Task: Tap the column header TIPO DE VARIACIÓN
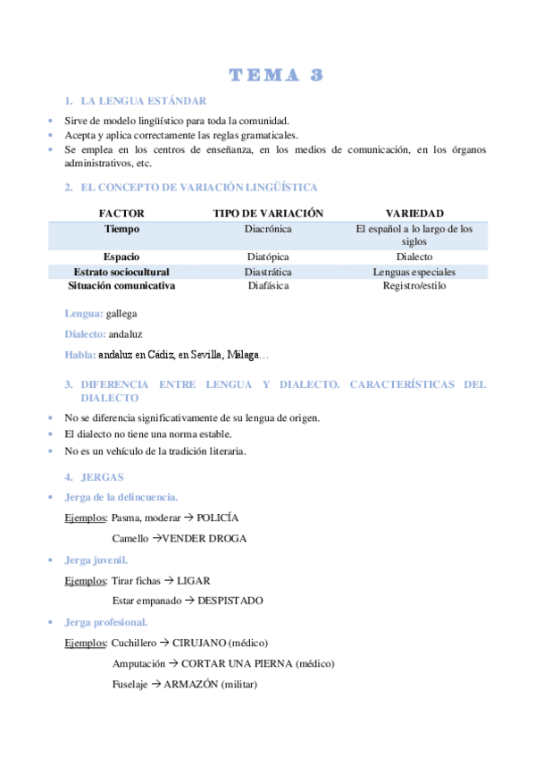pos(268,214)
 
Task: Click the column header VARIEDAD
pos(414,214)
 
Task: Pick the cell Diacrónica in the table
pos(268,230)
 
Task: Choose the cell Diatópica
pos(268,257)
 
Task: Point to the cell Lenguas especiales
pos(414,272)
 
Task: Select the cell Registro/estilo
pos(414,286)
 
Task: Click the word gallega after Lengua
pos(121,314)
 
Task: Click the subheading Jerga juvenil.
pos(96,560)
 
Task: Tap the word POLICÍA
pos(218,518)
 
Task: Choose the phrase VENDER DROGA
pos(205,539)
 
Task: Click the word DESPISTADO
pos(230,602)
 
